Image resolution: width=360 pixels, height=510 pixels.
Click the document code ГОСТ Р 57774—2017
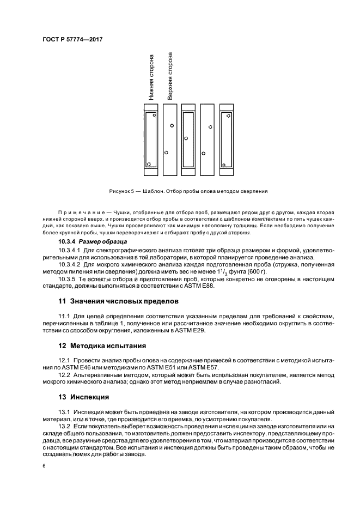[x=72, y=40]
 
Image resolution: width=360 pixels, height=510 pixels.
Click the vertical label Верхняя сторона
[x=170, y=77]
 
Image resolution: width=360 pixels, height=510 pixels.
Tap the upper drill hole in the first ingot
[x=154, y=115]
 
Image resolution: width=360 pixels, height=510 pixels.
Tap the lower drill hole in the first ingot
[x=149, y=163]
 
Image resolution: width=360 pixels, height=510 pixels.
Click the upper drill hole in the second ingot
[x=172, y=125]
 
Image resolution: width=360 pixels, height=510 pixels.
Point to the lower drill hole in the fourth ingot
[x=204, y=153]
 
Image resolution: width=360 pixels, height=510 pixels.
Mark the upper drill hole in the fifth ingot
[x=228, y=116]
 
